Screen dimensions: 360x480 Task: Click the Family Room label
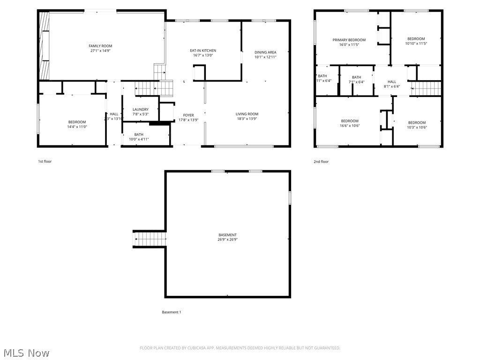coord(100,46)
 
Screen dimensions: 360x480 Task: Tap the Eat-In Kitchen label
coord(203,51)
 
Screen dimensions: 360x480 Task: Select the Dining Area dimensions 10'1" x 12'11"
coord(265,57)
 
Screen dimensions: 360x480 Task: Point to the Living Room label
coord(247,114)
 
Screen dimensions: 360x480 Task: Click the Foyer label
coord(188,115)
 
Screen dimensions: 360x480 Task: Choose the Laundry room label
coord(140,110)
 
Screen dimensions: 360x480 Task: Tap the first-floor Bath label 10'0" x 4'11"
coord(139,135)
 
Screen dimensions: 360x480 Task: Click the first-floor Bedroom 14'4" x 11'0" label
coord(77,122)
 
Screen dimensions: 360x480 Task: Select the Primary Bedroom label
coord(349,40)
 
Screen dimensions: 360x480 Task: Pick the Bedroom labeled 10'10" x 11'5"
coord(416,39)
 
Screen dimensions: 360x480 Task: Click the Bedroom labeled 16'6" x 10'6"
coord(349,121)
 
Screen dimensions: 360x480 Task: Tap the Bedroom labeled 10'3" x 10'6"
coord(417,123)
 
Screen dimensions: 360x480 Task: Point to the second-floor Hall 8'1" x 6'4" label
coord(391,82)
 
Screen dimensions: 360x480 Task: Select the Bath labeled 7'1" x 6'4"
coord(356,77)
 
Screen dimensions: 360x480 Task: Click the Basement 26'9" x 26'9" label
coord(227,235)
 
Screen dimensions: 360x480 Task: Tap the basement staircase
coord(150,239)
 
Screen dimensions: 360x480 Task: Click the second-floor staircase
coord(427,88)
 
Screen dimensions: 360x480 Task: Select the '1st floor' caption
coord(45,162)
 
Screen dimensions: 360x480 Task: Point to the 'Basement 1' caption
coord(171,312)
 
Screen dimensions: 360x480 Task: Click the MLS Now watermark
coord(26,352)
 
